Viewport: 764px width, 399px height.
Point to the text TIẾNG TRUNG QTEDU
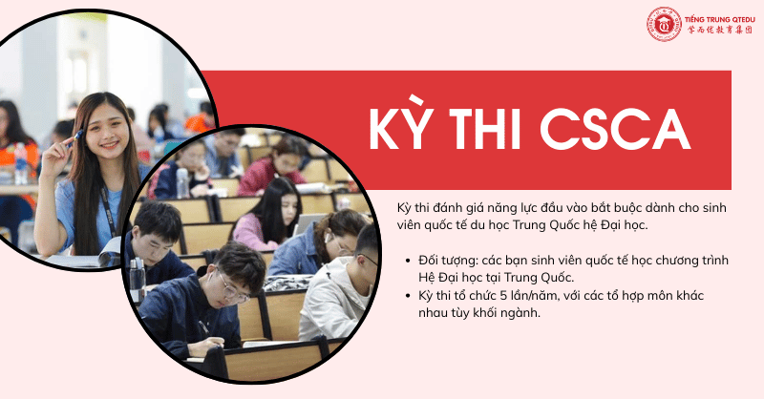(718, 16)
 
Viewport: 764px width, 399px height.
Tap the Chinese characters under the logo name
(718, 30)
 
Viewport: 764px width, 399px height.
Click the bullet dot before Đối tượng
(408, 260)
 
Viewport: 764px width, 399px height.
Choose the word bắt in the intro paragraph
(609, 207)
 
